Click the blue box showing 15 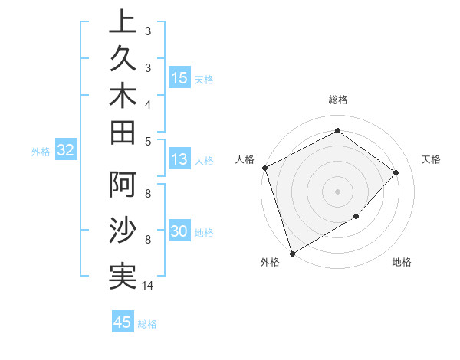tap(179, 78)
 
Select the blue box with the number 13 tap(179, 159)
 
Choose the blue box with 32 tap(65, 151)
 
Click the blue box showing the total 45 tap(123, 322)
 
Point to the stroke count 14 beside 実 tap(148, 286)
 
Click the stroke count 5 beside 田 tap(147, 140)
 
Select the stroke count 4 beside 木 tap(147, 103)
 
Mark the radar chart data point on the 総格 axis tap(337, 130)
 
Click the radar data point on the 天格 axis tap(396, 172)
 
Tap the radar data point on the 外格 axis tap(293, 253)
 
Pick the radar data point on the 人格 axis tap(264, 168)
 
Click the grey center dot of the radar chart tap(337, 191)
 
